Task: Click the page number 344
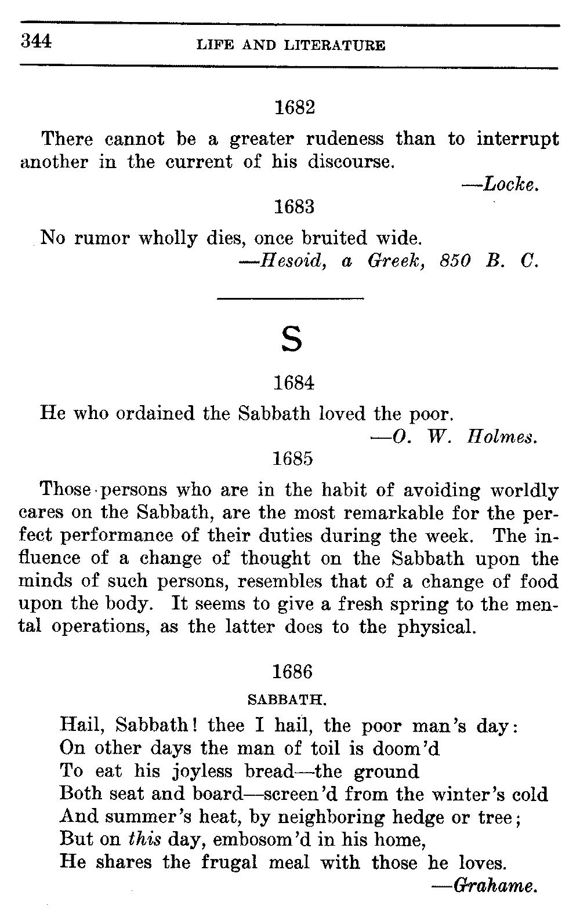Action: [x=37, y=41]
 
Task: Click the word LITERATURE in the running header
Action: [x=335, y=45]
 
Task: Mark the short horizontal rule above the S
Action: [x=290, y=299]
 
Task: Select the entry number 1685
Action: [x=293, y=458]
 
